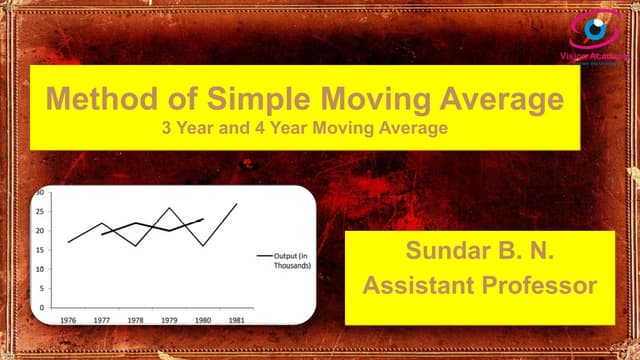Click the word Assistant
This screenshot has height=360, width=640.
tap(418, 286)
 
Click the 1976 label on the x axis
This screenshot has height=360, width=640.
tap(68, 322)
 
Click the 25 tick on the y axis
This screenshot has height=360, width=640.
tap(41, 211)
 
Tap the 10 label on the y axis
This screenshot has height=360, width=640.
tap(41, 268)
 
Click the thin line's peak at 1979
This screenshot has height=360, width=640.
tap(168, 208)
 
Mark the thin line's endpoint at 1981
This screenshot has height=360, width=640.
tap(236, 204)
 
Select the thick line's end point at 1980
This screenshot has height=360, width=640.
tap(203, 219)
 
